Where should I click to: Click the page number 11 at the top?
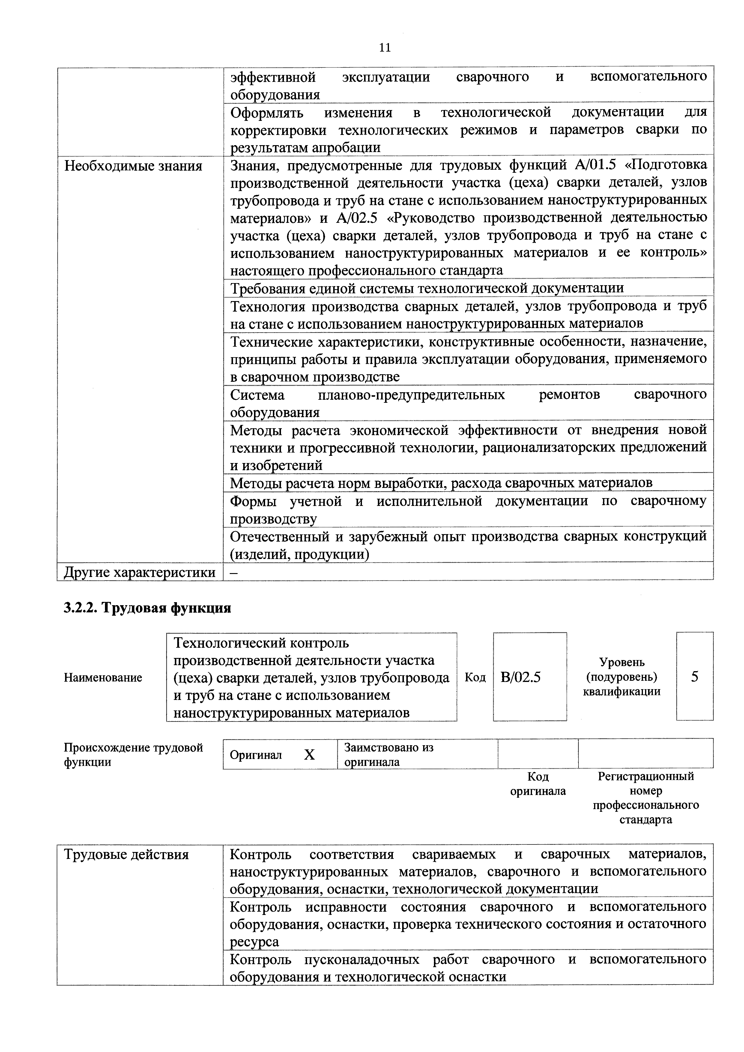[385, 48]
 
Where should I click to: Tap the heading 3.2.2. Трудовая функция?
[147, 608]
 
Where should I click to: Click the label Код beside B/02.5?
[475, 677]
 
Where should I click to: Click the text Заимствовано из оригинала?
[388, 755]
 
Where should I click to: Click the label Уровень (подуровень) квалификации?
[622, 677]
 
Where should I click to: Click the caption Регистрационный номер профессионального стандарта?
[646, 798]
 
